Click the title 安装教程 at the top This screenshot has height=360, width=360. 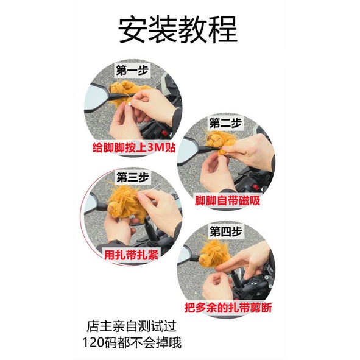coord(178,29)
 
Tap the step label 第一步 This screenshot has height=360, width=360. coord(132,70)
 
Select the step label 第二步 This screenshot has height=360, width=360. coord(225,122)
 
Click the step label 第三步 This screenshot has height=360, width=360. coord(132,177)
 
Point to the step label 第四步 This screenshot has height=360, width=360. coord(226,231)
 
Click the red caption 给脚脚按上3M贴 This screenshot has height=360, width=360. coord(134,147)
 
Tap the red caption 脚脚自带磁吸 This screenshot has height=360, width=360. coord(227,200)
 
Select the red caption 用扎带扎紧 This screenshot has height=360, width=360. coord(132,255)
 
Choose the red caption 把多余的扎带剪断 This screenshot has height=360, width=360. coord(228,308)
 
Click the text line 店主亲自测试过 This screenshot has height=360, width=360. coord(132,326)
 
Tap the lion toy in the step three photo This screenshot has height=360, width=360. coord(125,203)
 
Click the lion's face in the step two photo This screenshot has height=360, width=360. coord(213,139)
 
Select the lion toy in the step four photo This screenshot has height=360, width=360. coord(214,255)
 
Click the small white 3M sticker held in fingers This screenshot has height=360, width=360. coord(130,104)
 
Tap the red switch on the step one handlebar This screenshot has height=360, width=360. coord(164,133)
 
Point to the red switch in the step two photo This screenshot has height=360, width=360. coord(256,187)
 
